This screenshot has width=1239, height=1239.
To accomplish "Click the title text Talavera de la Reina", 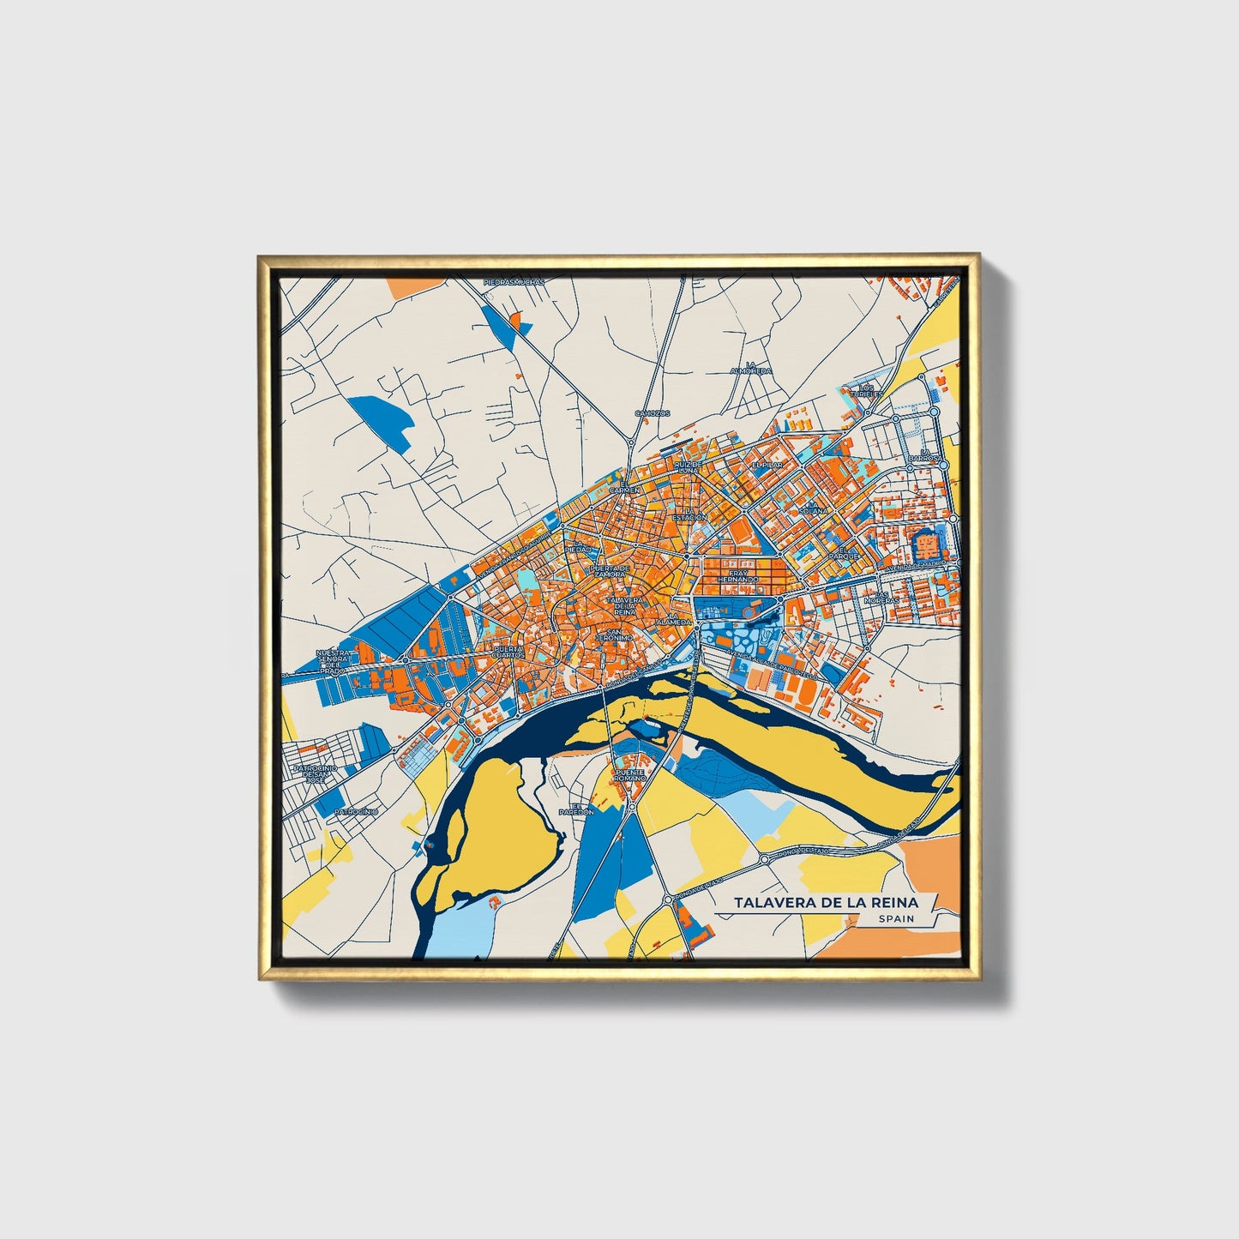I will click(x=825, y=903).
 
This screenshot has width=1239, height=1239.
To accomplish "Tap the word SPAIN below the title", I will click(x=896, y=919).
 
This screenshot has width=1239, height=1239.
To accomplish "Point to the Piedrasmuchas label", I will click(x=514, y=281).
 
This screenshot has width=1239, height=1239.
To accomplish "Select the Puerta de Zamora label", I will click(x=610, y=570).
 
